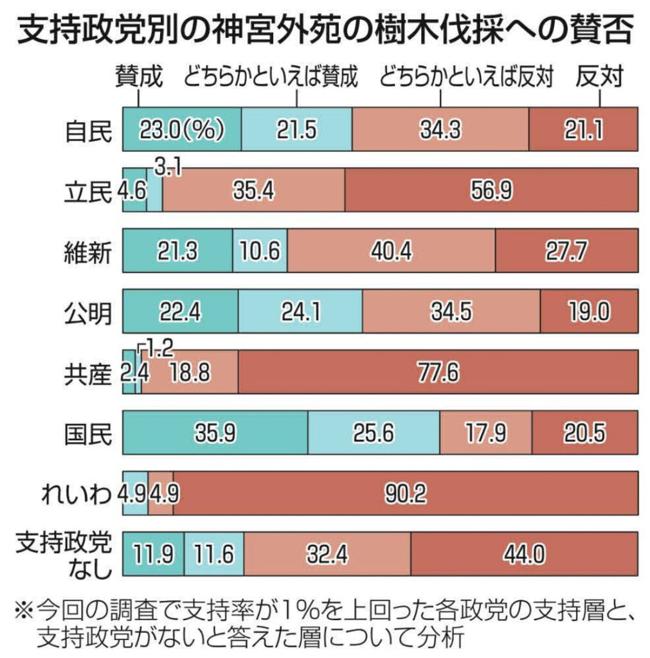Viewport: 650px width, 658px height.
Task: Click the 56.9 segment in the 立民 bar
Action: [491, 190]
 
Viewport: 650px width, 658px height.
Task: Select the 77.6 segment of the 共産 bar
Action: [437, 372]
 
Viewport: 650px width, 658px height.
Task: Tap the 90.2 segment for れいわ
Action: [405, 493]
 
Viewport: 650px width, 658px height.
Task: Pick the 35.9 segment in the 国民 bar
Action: [215, 432]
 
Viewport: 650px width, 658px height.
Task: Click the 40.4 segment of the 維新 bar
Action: [391, 251]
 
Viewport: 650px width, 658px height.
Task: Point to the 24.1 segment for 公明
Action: [300, 312]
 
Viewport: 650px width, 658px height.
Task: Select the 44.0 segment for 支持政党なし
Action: [524, 554]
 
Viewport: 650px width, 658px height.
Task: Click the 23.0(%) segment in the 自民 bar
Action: [181, 130]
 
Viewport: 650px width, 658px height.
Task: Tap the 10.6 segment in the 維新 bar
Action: [260, 251]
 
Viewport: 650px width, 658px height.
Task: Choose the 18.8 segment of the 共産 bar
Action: [190, 372]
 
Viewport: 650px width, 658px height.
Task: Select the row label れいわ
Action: [76, 493]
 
